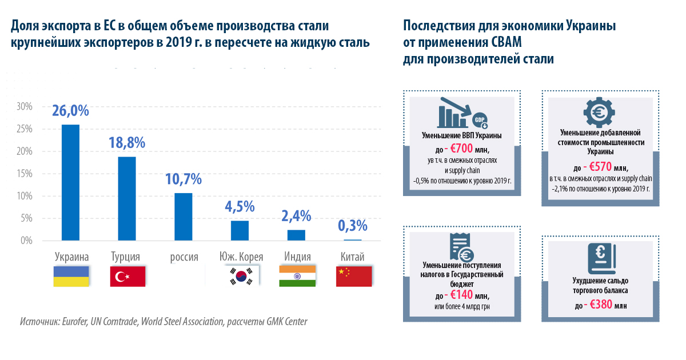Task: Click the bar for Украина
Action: [x=70, y=183]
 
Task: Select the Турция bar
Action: [x=127, y=198]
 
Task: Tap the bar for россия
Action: [x=184, y=217]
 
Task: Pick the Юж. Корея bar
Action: [x=240, y=230]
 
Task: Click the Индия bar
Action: [x=296, y=235]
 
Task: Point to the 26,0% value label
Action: [x=70, y=110]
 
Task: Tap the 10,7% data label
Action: [x=184, y=179]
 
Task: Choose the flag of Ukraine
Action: [x=71, y=276]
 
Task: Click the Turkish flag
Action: [x=127, y=276]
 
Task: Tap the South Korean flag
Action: [x=240, y=276]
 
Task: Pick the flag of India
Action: [x=297, y=276]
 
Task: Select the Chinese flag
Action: [x=353, y=276]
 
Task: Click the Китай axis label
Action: [x=352, y=257]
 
